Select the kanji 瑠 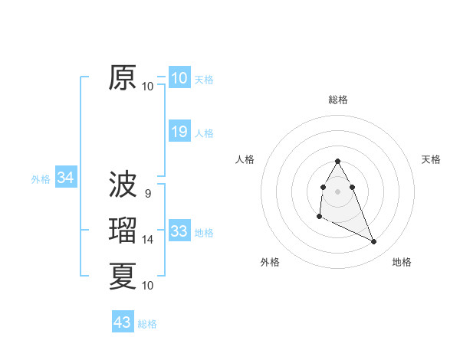123,231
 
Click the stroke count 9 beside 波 148,194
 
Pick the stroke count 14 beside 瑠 148,240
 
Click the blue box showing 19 179,132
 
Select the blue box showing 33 179,231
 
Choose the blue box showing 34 66,178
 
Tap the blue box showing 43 123,322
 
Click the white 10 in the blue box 179,78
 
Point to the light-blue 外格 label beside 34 41,179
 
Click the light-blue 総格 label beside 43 147,324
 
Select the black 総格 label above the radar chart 338,100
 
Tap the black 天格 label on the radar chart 431,159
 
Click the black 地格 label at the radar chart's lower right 402,262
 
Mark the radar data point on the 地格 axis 374,242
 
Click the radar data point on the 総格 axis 338,161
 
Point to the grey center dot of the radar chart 338,191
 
